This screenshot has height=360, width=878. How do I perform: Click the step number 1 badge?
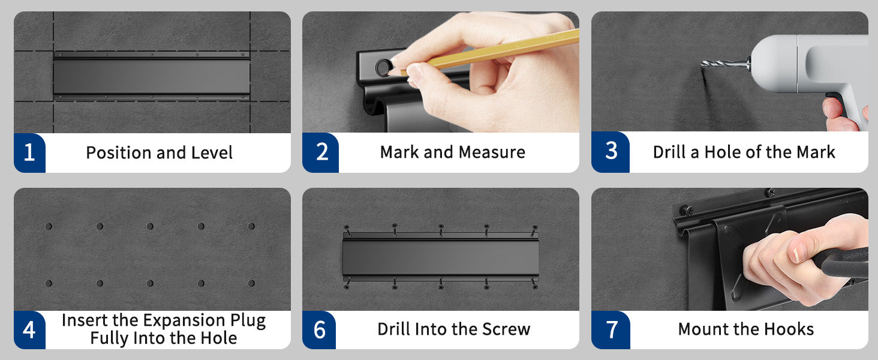(x=29, y=152)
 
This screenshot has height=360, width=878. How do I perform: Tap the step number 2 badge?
(x=321, y=152)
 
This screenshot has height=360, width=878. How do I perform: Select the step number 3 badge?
(x=611, y=152)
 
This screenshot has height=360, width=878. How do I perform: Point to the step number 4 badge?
(x=29, y=330)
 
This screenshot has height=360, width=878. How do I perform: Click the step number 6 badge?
(x=319, y=330)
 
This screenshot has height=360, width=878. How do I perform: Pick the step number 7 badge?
(x=611, y=330)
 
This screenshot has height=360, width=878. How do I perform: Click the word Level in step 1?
(x=212, y=152)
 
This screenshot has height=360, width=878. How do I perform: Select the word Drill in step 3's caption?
(x=669, y=152)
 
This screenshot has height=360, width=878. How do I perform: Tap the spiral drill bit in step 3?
(x=725, y=64)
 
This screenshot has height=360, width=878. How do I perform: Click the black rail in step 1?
(x=151, y=75)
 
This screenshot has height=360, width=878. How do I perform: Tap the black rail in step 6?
(x=441, y=256)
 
